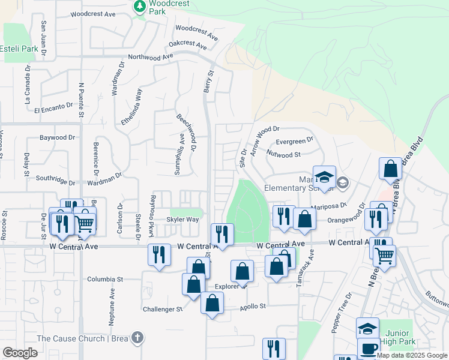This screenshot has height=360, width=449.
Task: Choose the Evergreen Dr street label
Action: pyautogui.click(x=294, y=141)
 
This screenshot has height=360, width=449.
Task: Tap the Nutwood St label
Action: pyautogui.click(x=284, y=155)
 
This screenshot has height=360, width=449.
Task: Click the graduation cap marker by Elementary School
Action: pyautogui.click(x=324, y=177)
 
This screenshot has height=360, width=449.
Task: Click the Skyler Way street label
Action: pyautogui.click(x=182, y=220)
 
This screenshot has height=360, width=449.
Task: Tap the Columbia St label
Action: pyautogui.click(x=104, y=279)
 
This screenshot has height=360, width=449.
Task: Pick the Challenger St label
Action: pyautogui.click(x=163, y=309)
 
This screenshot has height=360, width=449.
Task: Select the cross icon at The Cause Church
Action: pyautogui.click(x=137, y=338)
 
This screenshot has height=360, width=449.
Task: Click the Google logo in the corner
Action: pyautogui.click(x=20, y=353)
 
